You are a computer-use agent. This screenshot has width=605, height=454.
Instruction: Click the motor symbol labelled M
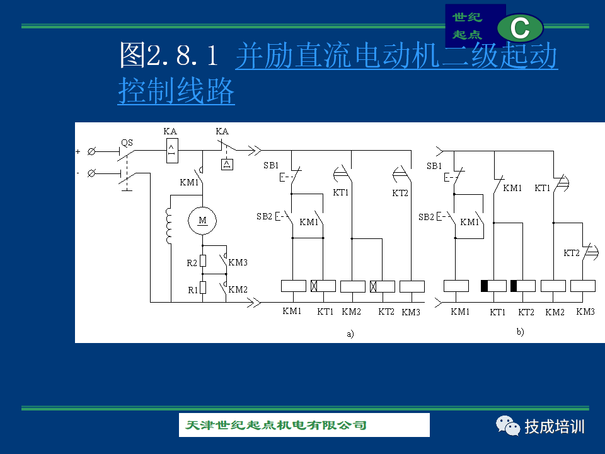202,221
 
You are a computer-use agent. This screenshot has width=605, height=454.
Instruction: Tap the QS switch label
127,143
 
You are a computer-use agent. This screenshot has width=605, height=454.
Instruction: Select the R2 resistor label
192,263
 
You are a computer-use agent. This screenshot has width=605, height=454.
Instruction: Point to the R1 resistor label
193,290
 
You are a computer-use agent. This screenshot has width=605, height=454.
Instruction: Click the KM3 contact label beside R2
238,262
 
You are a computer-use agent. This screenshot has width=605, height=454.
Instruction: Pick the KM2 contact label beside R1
238,289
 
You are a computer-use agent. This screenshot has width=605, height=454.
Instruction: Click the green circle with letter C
520,28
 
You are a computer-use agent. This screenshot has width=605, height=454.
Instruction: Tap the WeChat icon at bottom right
508,426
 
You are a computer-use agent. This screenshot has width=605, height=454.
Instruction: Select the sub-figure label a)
350,334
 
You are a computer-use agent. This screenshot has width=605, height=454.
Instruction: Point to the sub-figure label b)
520,332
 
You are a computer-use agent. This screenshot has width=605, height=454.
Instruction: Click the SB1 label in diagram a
271,166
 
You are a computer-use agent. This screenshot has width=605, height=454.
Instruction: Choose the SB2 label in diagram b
427,217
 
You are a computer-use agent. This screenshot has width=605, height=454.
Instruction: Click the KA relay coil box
172,151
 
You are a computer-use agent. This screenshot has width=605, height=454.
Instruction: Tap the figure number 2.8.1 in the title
182,55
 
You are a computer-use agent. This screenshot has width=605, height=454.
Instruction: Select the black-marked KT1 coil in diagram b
493,286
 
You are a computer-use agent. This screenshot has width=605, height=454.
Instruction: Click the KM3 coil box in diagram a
412,286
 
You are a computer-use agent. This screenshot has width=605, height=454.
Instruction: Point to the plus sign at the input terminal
78,152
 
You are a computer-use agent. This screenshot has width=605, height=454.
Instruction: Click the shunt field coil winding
169,226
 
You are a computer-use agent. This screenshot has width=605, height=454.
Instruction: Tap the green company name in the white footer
275,425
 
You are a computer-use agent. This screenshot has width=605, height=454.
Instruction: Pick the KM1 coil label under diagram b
460,311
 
